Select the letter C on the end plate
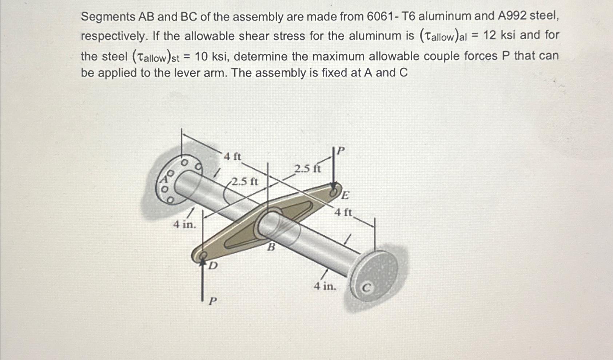[x=367, y=288]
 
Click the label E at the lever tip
[x=345, y=195]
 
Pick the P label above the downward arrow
[x=341, y=150]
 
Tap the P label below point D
[x=213, y=301]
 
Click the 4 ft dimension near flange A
[x=232, y=157]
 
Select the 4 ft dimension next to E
[x=343, y=212]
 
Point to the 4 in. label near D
[x=184, y=225]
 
